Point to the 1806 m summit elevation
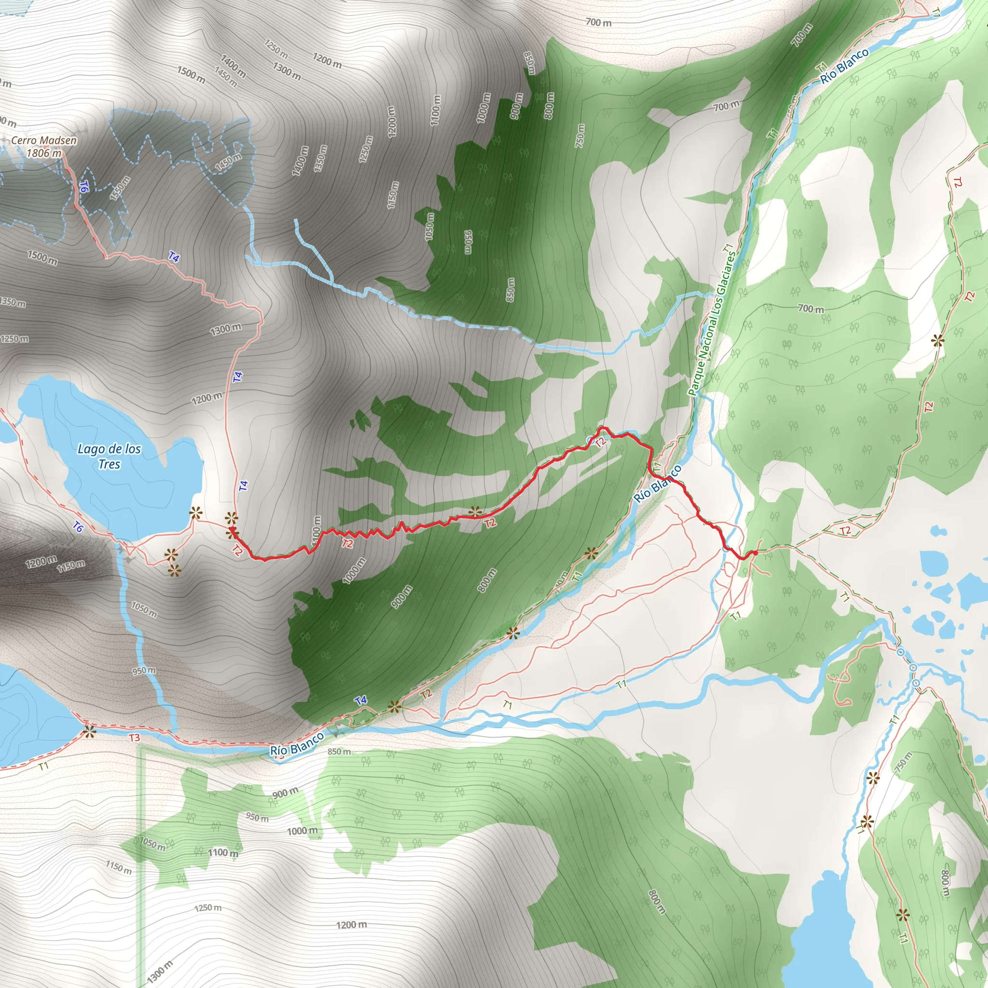pyautogui.click(x=44, y=152)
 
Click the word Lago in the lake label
pyautogui.click(x=89, y=449)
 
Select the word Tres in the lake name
pyautogui.click(x=110, y=465)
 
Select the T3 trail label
pyautogui.click(x=134, y=738)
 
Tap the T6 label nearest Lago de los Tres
pyautogui.click(x=78, y=526)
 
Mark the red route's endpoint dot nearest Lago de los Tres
pyautogui.click(x=232, y=529)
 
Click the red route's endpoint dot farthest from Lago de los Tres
pyautogui.click(x=755, y=553)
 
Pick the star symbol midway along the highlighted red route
pyautogui.click(x=476, y=511)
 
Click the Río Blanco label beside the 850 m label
pyautogui.click(x=297, y=743)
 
